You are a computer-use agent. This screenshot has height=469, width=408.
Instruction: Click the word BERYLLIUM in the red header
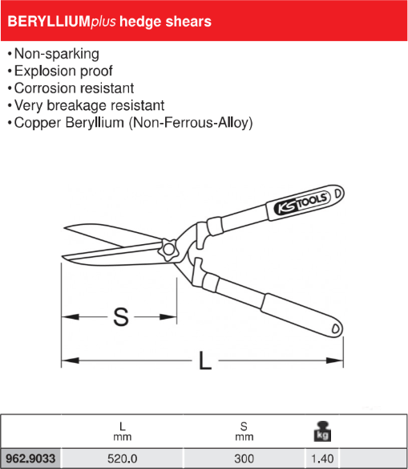click(49, 22)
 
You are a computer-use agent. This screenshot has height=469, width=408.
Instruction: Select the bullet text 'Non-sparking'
click(57, 54)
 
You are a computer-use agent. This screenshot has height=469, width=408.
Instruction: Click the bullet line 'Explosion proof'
click(63, 71)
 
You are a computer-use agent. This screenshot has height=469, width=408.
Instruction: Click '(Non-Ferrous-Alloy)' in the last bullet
click(191, 123)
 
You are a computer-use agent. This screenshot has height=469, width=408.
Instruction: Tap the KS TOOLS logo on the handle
click(301, 203)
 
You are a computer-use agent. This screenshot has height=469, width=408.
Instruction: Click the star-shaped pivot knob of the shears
click(168, 249)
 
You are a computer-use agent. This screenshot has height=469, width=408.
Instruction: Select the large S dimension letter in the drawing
click(121, 316)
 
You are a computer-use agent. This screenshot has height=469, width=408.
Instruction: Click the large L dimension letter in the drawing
click(205, 361)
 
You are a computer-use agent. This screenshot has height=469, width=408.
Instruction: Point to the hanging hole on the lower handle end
click(336, 328)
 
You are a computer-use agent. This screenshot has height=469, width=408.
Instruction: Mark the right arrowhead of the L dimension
click(334, 361)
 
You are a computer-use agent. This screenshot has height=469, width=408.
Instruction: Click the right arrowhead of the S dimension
click(168, 316)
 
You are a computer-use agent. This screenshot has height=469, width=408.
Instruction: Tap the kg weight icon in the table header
click(322, 431)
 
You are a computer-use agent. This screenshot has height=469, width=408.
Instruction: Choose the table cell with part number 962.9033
click(30, 459)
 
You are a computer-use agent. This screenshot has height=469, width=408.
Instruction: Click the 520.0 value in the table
click(123, 459)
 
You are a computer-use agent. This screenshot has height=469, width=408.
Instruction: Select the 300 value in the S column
click(244, 459)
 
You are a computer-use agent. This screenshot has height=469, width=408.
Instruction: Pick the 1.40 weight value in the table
click(322, 459)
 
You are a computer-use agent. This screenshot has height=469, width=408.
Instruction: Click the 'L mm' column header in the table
click(123, 431)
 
